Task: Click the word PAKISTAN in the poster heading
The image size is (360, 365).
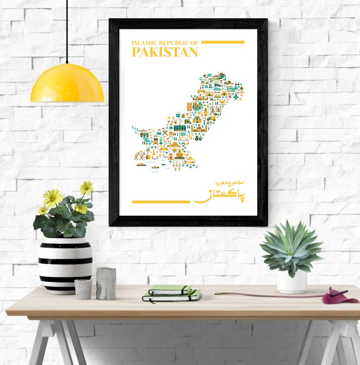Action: (x=165, y=52)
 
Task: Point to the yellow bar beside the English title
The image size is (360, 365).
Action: (x=223, y=42)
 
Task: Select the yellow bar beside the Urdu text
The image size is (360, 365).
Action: (x=161, y=202)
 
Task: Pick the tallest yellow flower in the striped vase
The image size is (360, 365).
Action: (x=86, y=187)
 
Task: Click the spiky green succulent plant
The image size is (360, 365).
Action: (x=292, y=247)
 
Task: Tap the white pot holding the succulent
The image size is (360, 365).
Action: (x=292, y=282)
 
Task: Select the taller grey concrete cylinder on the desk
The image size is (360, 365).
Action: (x=106, y=283)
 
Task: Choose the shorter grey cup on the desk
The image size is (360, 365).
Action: (x=83, y=289)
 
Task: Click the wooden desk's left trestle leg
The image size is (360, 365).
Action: (x=50, y=342)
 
